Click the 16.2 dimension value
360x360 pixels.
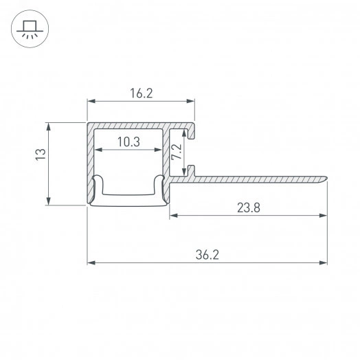tap(141, 91)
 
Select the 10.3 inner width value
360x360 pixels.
tap(128, 142)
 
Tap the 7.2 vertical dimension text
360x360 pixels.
tap(176, 152)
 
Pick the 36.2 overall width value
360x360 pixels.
tap(207, 254)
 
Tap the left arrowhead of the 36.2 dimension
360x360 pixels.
tap(90, 262)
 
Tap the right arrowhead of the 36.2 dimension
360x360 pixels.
tap(323, 262)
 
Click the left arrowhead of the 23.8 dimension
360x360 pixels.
tap(172, 216)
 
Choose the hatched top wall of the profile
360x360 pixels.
tap(131, 126)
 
